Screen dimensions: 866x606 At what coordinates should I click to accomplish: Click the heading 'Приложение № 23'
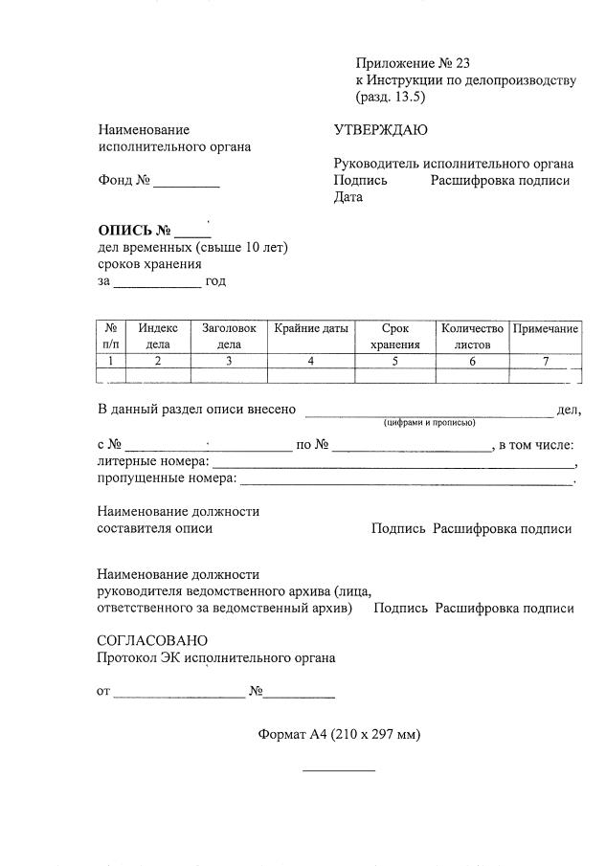(413, 63)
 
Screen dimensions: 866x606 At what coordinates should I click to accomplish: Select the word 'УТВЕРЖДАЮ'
(380, 130)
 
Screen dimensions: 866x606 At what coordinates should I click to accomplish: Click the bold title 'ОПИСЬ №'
(134, 231)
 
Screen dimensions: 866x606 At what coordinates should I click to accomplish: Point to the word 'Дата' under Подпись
(348, 197)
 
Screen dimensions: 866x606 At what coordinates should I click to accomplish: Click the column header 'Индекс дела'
(158, 336)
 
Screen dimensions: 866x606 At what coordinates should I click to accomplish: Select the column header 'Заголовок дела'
(229, 336)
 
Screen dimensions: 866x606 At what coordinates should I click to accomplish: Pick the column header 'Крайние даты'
(311, 329)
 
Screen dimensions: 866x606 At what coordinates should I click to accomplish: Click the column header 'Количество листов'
(472, 336)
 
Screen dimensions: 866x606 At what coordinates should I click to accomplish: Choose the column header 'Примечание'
(545, 329)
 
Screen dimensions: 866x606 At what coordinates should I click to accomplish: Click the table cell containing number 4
(311, 361)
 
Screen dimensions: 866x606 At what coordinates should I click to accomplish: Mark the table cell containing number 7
(545, 361)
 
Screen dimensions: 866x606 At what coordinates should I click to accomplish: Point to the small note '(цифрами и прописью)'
(429, 422)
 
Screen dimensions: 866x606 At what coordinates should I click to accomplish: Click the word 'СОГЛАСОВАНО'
(151, 640)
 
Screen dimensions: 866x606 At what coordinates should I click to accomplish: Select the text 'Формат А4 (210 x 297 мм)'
(339, 735)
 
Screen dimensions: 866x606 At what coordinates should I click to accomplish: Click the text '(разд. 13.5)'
(390, 97)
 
